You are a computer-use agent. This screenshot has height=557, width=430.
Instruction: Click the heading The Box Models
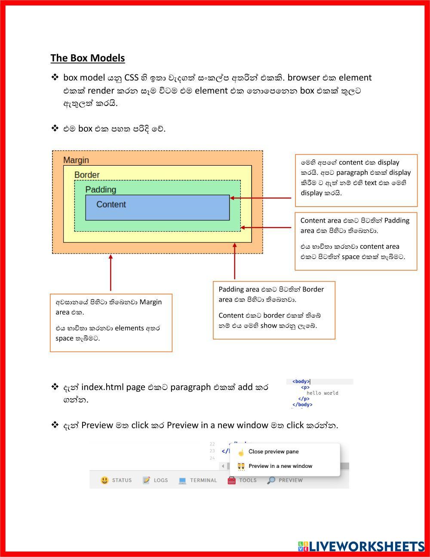[88, 58]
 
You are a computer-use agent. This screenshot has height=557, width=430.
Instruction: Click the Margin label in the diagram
[76, 160]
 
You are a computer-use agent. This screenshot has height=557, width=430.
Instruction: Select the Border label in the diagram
[87, 175]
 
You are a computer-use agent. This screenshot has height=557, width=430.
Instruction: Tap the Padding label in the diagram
[101, 189]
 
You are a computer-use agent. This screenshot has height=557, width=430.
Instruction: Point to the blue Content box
[157, 207]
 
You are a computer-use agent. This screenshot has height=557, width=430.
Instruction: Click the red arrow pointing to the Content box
[261, 198]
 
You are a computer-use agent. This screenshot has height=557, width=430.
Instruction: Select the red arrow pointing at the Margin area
[111, 273]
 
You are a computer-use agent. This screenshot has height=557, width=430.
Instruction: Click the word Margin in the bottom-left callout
[150, 302]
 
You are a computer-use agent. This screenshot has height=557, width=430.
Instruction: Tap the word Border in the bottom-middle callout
[313, 289]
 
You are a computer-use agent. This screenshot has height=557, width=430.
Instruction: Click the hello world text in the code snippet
[322, 393]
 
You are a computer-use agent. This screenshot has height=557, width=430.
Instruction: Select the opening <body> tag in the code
[301, 381]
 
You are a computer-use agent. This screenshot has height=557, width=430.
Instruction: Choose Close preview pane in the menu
[273, 452]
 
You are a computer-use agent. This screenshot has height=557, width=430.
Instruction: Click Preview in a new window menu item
[280, 466]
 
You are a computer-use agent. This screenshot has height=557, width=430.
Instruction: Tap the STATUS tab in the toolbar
[117, 480]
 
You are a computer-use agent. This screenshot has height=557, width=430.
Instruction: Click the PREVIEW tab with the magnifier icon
[285, 480]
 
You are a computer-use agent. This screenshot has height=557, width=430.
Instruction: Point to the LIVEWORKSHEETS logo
[361, 546]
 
